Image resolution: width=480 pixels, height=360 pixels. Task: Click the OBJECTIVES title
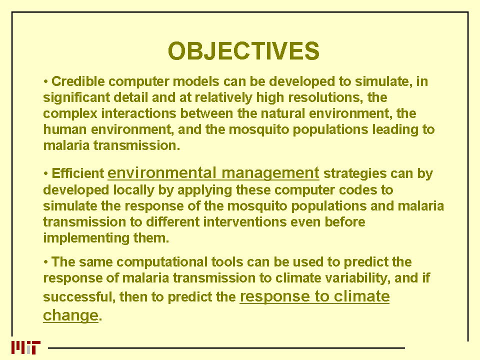(x=243, y=51)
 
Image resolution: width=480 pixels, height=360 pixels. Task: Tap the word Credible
(x=78, y=81)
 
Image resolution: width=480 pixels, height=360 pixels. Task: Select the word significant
(x=76, y=98)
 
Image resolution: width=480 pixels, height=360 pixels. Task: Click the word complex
(x=70, y=114)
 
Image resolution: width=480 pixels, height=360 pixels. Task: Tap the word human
(x=65, y=129)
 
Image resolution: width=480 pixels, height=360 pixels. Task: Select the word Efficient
(x=78, y=173)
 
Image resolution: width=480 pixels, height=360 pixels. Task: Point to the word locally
(x=134, y=190)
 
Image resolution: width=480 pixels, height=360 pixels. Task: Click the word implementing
(x=86, y=238)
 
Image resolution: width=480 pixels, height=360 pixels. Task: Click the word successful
(x=79, y=297)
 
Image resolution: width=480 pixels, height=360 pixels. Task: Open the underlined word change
(x=70, y=315)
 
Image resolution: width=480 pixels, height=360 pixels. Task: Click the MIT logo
(x=26, y=347)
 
